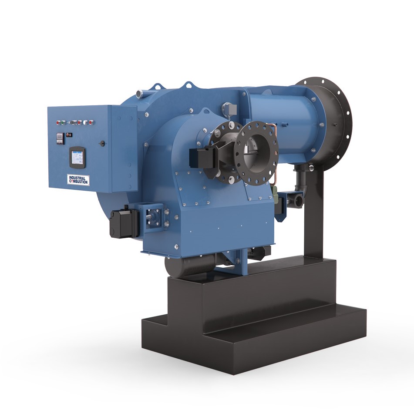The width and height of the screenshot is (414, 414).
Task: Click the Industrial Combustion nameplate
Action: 78,179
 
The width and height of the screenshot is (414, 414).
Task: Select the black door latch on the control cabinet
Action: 102,142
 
